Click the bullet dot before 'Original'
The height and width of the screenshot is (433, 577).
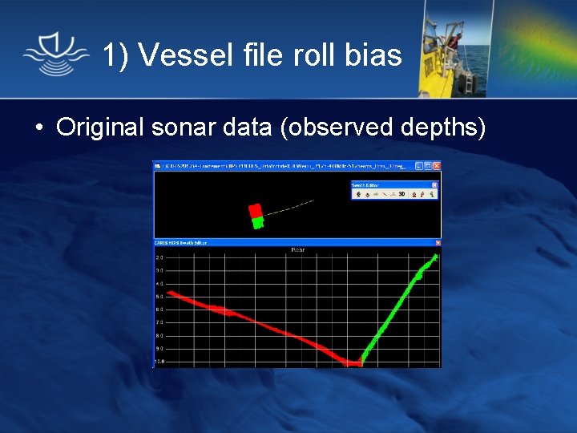tap(38, 127)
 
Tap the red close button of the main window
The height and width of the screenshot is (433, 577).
tap(436, 166)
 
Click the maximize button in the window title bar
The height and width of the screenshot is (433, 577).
tap(428, 166)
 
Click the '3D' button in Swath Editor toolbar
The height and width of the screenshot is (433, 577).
tap(401, 194)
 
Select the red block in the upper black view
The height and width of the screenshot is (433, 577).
tap(255, 211)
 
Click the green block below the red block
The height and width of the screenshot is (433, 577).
tap(257, 223)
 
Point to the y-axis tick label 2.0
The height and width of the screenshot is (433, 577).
tap(159, 258)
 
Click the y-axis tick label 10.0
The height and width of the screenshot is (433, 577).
tap(159, 361)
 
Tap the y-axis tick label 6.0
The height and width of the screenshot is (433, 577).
tap(159, 310)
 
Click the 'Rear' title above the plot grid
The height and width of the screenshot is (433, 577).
tap(297, 250)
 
